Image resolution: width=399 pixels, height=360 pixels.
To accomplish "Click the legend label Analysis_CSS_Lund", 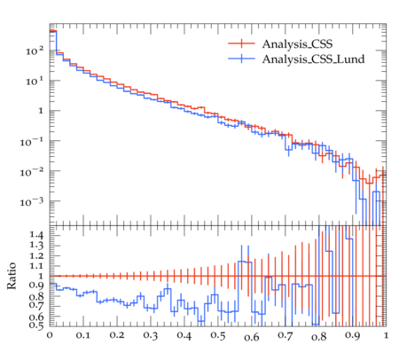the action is tap(313, 59).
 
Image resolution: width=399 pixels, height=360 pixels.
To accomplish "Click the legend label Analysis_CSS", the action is tap(297, 44).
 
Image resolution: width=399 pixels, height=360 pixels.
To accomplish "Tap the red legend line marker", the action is tap(241, 43).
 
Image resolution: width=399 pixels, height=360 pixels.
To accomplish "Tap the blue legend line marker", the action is tap(241, 59).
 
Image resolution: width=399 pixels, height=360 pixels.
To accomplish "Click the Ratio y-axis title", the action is tap(12, 276).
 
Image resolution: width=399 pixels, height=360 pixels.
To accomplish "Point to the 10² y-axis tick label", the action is tap(35, 51).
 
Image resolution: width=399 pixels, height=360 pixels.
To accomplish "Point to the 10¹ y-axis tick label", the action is tap(35, 81).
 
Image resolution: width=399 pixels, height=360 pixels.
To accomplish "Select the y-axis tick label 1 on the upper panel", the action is tap(41, 111).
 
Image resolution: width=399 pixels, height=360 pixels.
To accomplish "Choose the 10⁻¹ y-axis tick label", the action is tap(32, 142).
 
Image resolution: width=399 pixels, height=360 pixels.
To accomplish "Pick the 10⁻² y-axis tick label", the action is tap(32, 172).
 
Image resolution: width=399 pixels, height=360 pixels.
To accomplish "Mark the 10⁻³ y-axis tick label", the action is tap(32, 202).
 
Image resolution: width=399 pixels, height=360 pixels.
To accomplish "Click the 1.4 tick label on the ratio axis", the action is tap(36, 236).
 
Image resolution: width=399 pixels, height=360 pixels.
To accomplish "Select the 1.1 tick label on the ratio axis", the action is tap(36, 266).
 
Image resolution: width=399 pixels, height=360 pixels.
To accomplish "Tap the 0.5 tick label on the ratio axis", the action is tap(36, 325).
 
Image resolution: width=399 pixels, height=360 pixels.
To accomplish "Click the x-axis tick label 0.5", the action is tap(218, 336).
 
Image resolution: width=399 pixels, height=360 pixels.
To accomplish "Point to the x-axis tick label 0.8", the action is tap(319, 336).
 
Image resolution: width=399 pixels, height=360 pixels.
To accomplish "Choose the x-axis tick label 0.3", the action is tap(151, 336).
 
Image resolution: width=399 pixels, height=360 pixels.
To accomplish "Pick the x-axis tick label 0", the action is tap(50, 336).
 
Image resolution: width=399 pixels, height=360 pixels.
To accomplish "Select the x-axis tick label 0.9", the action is tap(353, 336).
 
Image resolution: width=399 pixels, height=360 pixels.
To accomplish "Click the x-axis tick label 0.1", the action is tap(83, 336).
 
